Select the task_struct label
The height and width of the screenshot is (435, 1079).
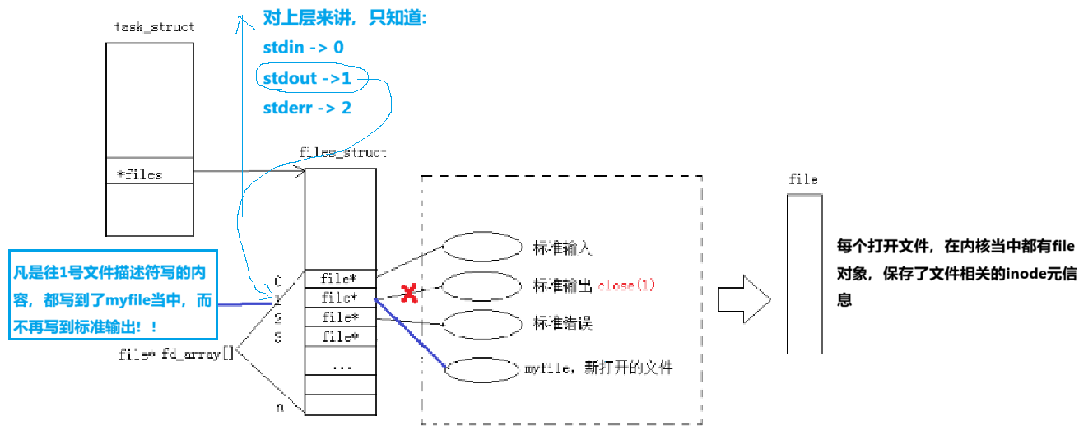coord(154,26)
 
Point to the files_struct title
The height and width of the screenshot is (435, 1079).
coord(342,152)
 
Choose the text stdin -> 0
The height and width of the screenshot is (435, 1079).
coord(303,48)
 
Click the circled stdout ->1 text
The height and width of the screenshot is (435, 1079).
coord(307,78)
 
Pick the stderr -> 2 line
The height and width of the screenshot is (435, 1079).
coord(307,108)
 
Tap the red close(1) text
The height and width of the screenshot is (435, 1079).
coord(626,285)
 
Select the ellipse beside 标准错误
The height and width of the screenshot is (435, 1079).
coord(483,323)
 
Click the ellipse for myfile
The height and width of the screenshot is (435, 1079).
coord(483,368)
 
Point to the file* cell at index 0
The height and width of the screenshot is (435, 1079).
coord(341,278)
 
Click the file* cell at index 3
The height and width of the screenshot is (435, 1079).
coord(341,336)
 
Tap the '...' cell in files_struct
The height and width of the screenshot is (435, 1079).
coord(341,365)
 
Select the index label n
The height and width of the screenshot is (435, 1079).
coord(281,406)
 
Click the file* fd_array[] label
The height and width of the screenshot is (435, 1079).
coord(176,354)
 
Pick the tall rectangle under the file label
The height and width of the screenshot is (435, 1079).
coord(804,274)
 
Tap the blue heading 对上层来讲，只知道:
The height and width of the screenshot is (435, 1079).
coord(345,18)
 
